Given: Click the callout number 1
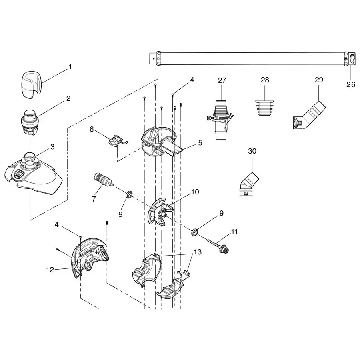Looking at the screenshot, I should (70, 67).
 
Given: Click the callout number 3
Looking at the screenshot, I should (52, 147).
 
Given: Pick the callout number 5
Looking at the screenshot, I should (200, 142).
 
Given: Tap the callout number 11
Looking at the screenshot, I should (234, 232).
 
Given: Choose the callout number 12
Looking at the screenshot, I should (50, 270).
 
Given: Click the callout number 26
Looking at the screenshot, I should (350, 84).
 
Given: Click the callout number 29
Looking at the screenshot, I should (319, 80).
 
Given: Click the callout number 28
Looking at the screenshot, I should (265, 80).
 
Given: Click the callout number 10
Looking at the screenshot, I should (195, 192).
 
